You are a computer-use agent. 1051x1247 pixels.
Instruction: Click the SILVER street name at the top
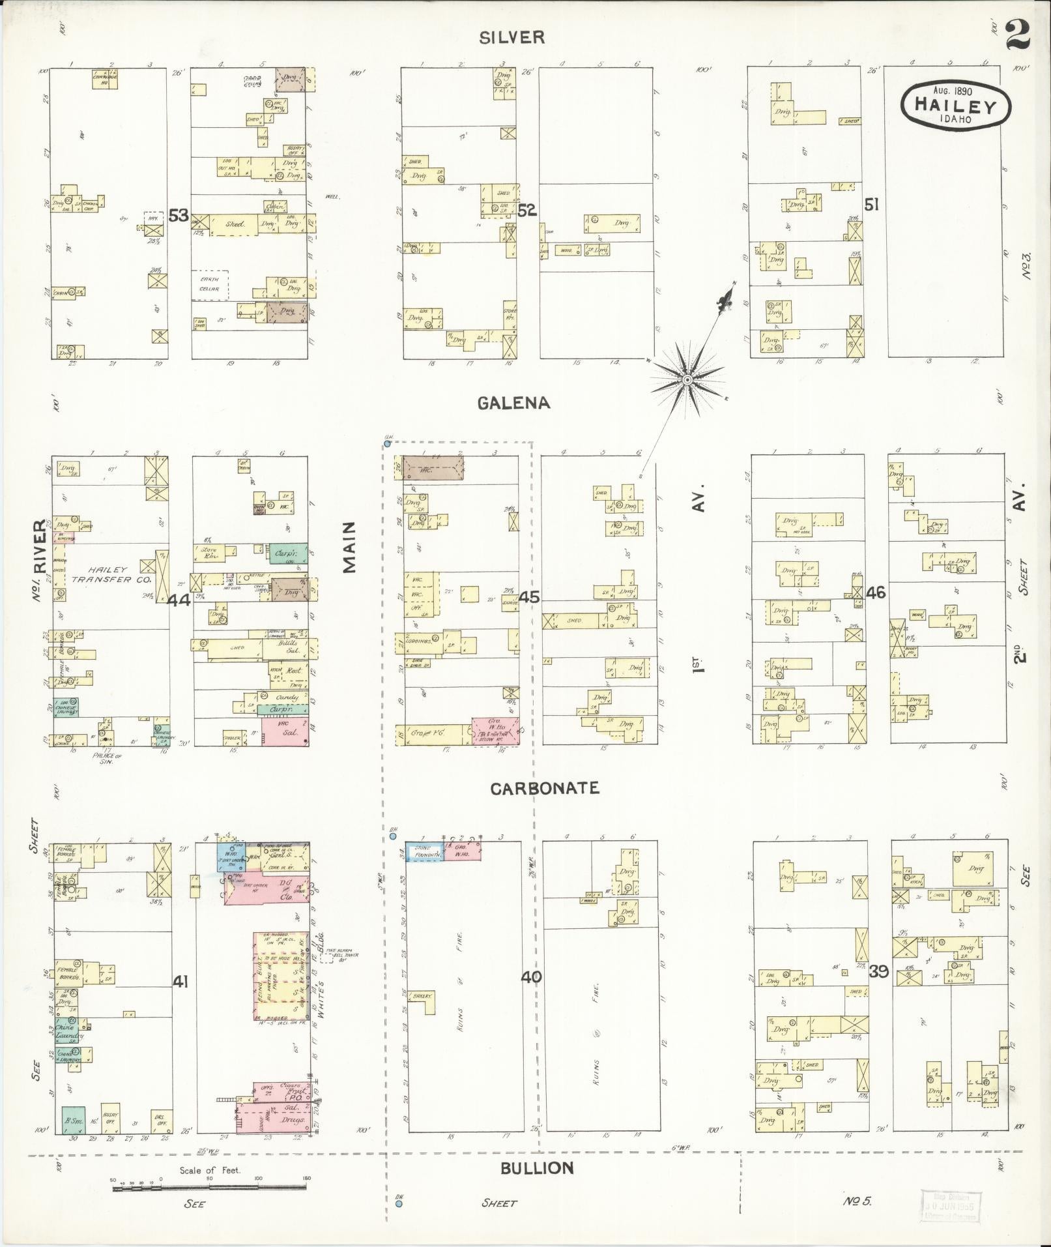pos(511,37)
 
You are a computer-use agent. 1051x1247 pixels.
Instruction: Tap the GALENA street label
pos(514,403)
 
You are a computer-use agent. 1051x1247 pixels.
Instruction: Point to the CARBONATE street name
pos(545,788)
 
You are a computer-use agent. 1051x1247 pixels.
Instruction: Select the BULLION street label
pos(538,1167)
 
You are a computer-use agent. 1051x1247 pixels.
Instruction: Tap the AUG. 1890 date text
pos(952,91)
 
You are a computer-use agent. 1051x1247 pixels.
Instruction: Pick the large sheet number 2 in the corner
pos(1018,35)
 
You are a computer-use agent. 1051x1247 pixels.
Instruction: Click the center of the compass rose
pos(687,379)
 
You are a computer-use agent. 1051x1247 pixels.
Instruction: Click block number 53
pos(179,215)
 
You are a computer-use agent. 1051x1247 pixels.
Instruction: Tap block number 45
pos(530,597)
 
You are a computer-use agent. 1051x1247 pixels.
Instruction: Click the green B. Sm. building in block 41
pos(74,1120)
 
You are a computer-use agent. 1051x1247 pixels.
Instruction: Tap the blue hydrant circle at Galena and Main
pos(387,444)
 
